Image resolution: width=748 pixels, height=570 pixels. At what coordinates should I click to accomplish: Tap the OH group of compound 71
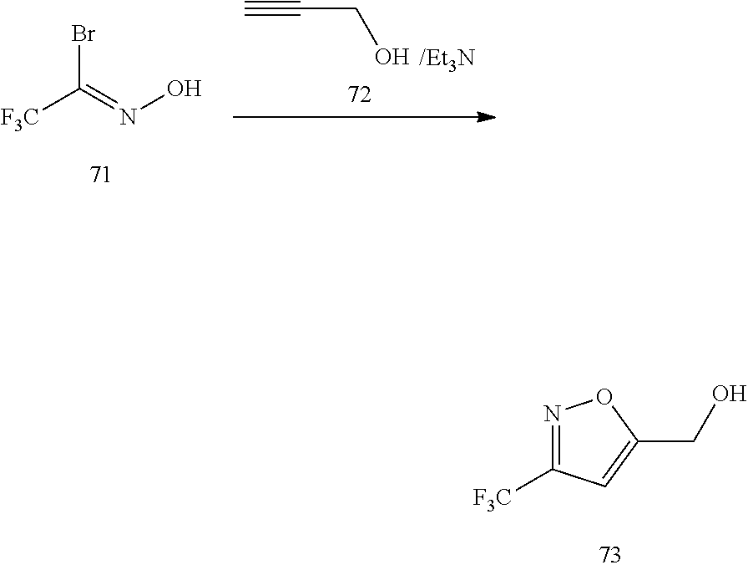coord(186,89)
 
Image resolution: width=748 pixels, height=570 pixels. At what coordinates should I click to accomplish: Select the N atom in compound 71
coord(127,117)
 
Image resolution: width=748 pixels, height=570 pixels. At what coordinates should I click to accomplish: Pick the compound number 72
coord(359,96)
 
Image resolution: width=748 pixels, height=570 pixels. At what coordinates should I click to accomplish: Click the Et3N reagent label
coord(452,59)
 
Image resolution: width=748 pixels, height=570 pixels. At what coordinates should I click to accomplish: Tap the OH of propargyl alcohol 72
coord(390,59)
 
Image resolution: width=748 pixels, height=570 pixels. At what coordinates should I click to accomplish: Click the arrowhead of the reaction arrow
coord(486,117)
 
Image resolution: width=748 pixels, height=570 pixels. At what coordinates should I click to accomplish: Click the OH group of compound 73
coord(731,394)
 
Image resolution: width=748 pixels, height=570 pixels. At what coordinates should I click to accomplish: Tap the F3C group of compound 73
coord(493,499)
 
